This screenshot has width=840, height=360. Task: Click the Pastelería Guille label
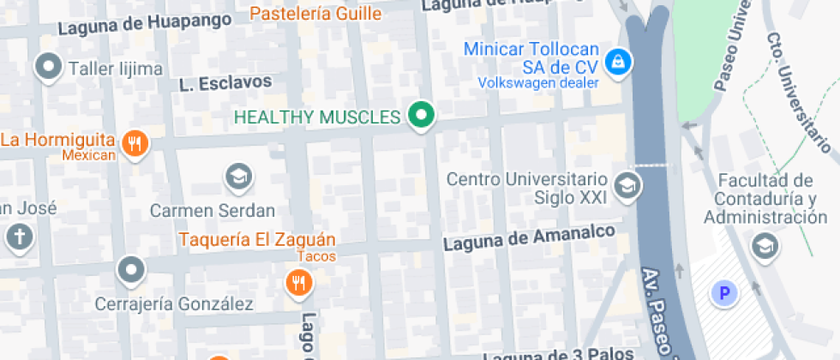[x=315, y=14]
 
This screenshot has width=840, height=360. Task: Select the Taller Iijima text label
[x=116, y=69]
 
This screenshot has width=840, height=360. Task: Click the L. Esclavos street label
[x=225, y=83]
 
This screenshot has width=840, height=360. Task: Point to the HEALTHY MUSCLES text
[x=317, y=117]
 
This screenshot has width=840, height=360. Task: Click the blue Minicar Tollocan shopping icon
[x=615, y=62]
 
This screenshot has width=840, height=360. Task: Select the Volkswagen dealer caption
[x=537, y=83]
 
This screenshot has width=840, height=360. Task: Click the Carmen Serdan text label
[x=213, y=210]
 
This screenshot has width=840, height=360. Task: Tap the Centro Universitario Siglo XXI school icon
[x=627, y=185]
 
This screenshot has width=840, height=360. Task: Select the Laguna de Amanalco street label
[x=529, y=238]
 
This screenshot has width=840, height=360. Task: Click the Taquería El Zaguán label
[x=257, y=239]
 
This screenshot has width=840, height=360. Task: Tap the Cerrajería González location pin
[x=130, y=270]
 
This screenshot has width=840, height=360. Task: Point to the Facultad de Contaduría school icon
[x=761, y=247]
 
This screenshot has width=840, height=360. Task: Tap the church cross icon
[x=19, y=237]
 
